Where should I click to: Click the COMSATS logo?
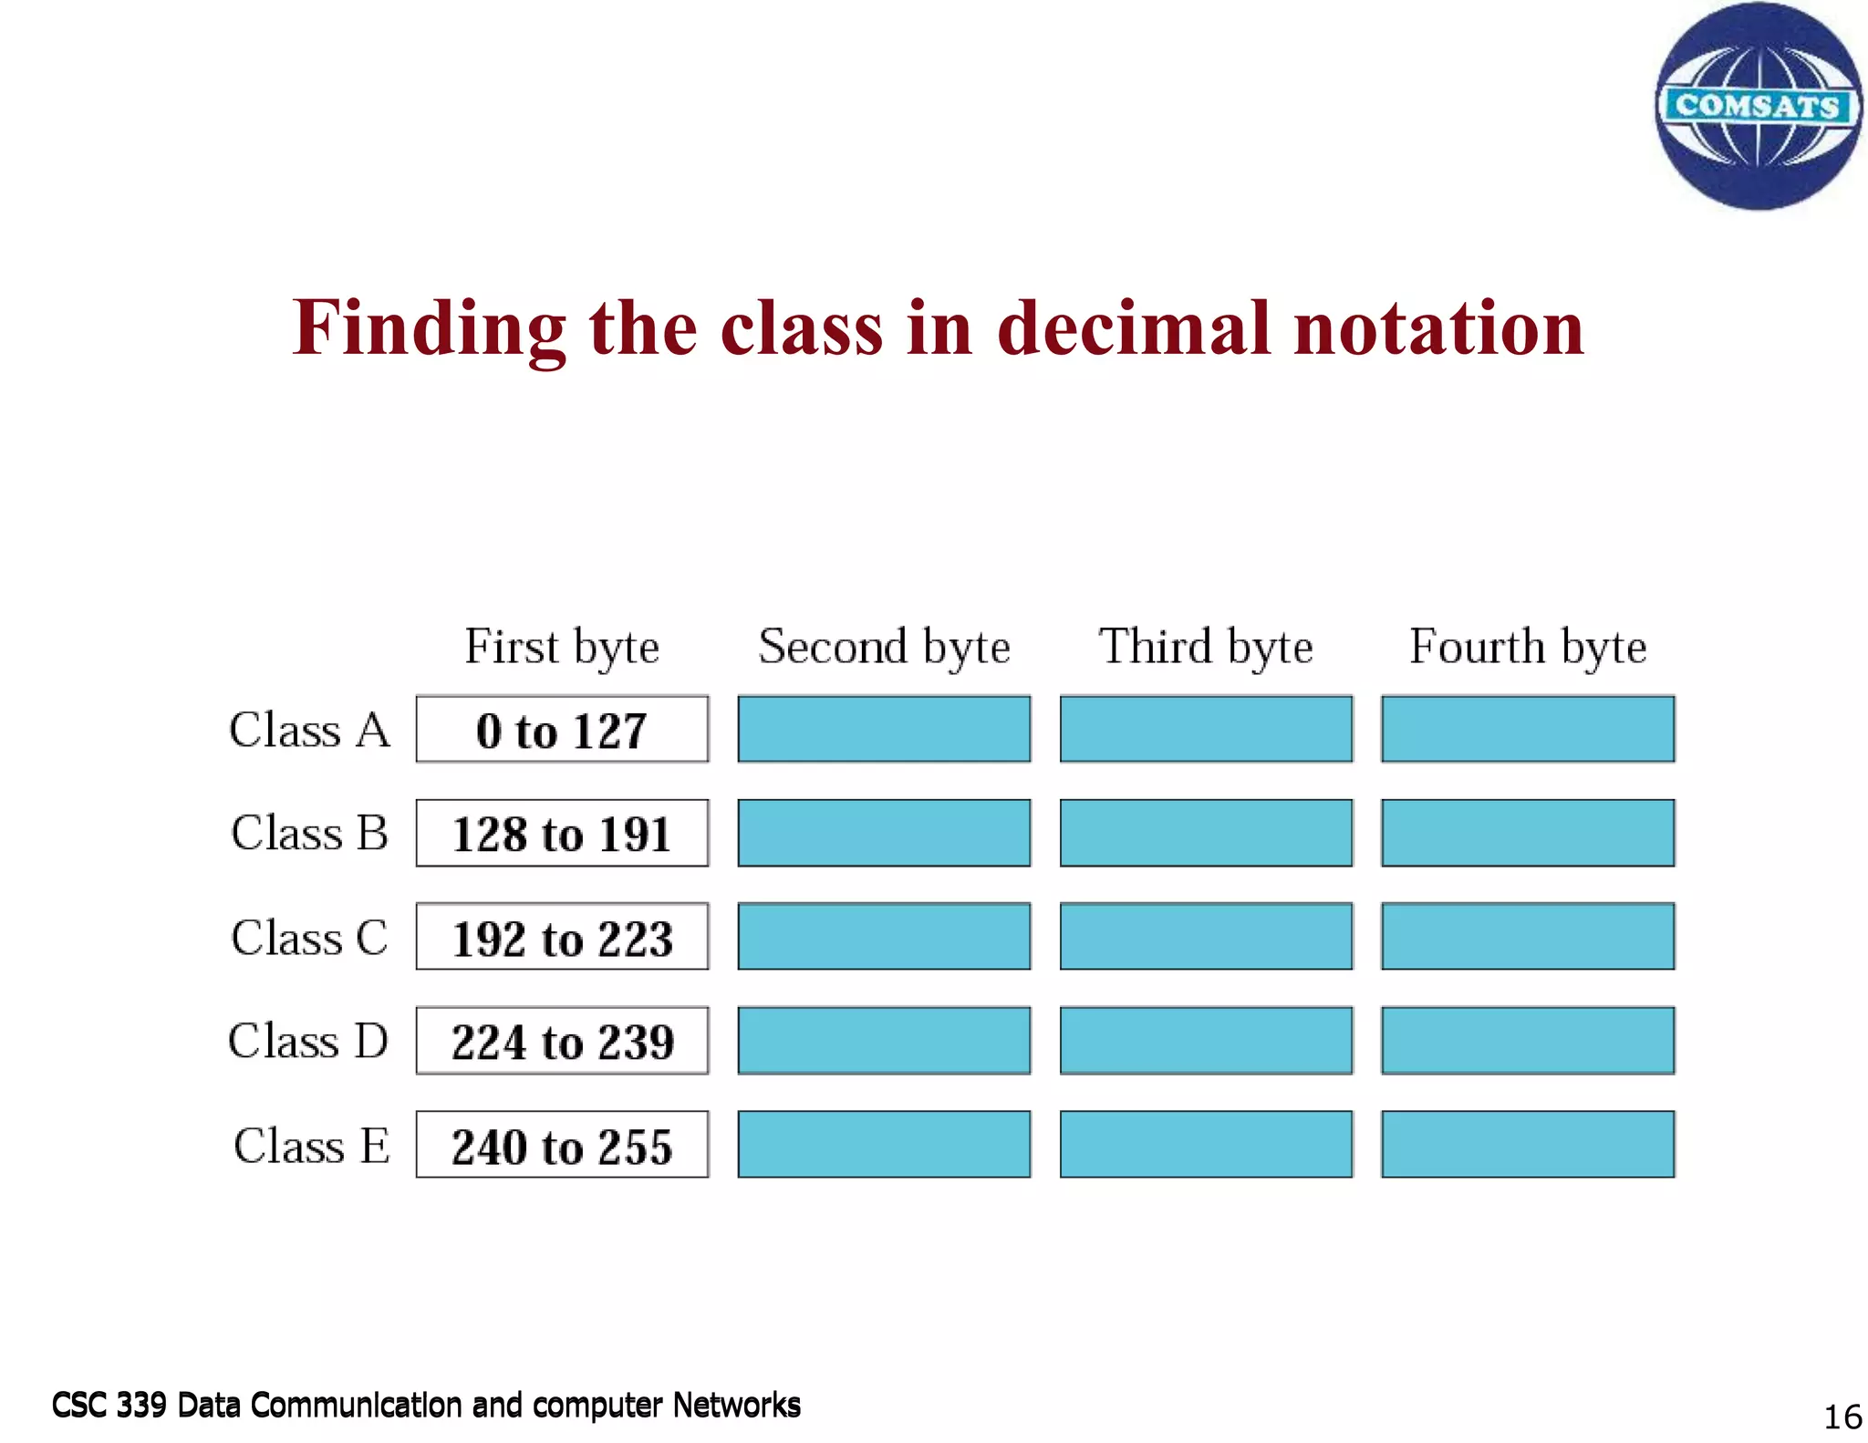[1758, 106]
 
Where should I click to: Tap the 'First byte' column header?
[562, 647]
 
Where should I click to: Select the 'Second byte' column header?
[884, 647]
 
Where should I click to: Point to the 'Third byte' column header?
[1206, 647]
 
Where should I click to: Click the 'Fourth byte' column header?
[1528, 647]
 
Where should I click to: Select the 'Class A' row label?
[309, 730]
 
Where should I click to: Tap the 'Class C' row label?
[309, 938]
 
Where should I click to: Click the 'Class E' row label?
[311, 1146]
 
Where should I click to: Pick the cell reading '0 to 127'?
[562, 730]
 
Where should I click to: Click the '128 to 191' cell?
[562, 834]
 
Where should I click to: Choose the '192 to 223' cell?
[562, 938]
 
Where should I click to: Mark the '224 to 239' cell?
[562, 1041]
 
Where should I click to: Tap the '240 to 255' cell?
[562, 1146]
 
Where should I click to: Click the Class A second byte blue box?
[884, 729]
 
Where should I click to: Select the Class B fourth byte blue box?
[1528, 833]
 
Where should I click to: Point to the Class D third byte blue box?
[1206, 1041]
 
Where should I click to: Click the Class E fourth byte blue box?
[1528, 1145]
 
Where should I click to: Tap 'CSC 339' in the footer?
[109, 1405]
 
